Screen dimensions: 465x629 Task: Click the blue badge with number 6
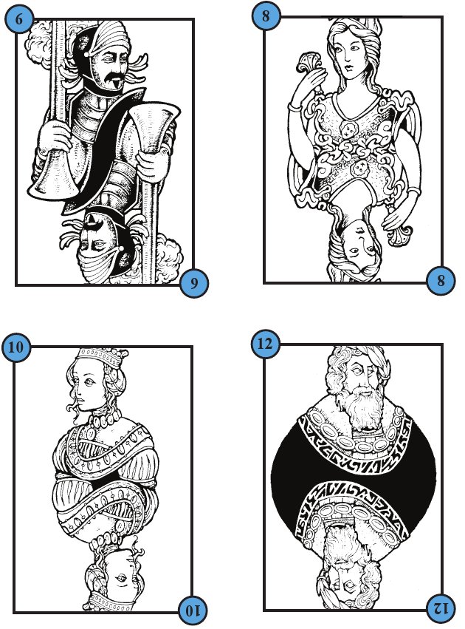19,19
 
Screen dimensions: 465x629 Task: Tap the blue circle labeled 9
194,283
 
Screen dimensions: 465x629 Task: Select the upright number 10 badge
16,347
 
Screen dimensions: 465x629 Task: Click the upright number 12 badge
266,344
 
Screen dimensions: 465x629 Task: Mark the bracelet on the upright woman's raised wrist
294,107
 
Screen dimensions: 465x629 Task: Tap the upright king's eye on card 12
363,372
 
